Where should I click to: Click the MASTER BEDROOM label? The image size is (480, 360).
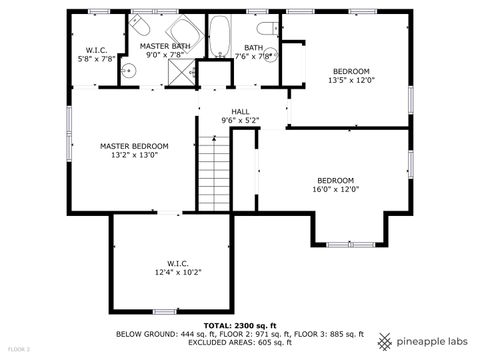[134, 146]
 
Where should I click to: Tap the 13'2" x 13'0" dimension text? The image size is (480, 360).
[134, 156]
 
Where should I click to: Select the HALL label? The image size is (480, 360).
[240, 111]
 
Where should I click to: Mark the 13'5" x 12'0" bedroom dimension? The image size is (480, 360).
[350, 82]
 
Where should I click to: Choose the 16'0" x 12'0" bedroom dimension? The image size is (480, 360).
[336, 189]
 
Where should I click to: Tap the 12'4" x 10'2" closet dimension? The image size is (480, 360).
[178, 273]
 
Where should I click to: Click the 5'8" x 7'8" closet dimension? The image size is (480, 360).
[97, 59]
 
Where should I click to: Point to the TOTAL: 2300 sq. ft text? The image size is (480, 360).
[240, 326]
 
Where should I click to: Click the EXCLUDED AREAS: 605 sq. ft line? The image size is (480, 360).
[240, 343]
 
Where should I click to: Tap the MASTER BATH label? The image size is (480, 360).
[165, 46]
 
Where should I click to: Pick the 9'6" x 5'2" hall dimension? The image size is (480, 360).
[240, 121]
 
